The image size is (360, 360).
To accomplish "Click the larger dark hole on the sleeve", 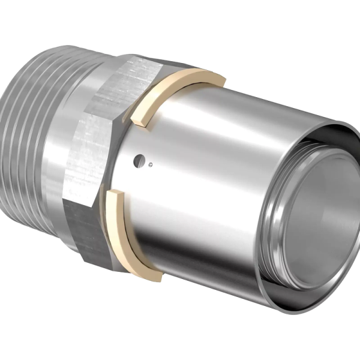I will (139, 158).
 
